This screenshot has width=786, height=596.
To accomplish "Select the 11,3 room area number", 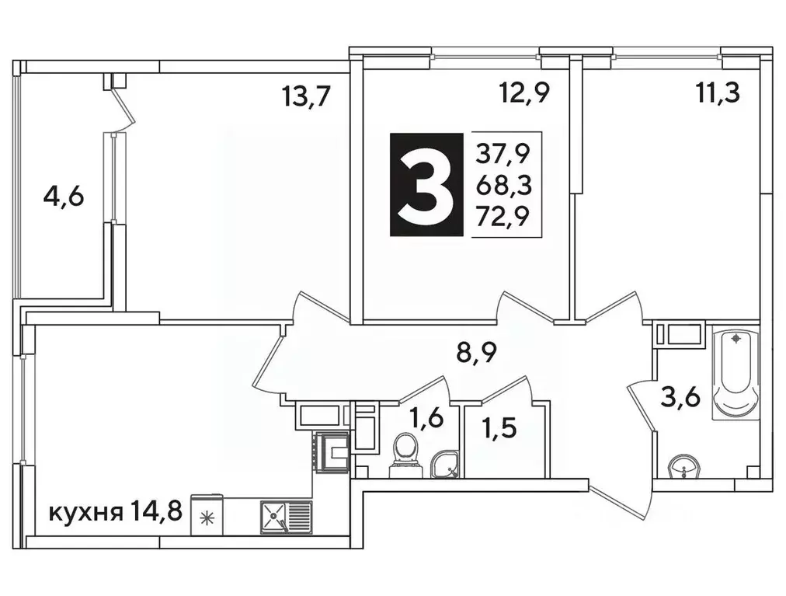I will pos(717,94).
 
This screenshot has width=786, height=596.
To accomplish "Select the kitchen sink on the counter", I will pos(285,516).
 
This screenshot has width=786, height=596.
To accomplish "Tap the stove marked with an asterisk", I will pos(207,518).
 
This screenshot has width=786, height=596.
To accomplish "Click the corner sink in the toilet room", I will pos(446,463).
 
